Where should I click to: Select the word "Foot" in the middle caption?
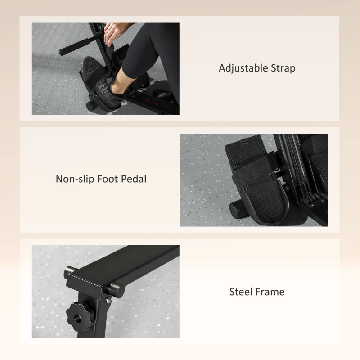108,179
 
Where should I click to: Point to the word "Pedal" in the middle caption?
134,179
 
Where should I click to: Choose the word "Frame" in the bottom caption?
271,292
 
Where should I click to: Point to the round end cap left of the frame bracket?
70,272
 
